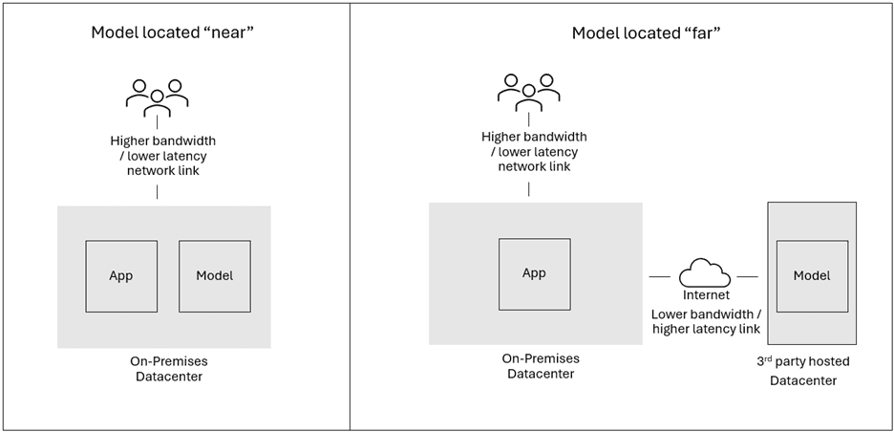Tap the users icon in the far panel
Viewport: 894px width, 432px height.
pos(528,92)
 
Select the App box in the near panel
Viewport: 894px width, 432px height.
pos(121,276)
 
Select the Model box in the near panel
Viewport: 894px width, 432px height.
pos(215,276)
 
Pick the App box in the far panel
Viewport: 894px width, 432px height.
pos(534,273)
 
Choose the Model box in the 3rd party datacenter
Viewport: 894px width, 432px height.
pos(812,276)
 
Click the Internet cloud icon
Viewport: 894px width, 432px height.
pos(705,275)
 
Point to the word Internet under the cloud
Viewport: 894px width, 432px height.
pos(705,296)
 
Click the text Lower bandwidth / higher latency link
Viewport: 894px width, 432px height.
pos(705,321)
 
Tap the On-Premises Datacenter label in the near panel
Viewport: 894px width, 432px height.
pos(168,369)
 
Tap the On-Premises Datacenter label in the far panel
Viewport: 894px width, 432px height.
pos(541,366)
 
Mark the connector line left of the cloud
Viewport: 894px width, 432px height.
pos(660,277)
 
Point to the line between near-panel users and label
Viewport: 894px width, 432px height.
pos(158,124)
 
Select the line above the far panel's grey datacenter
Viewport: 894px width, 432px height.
pos(529,188)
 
